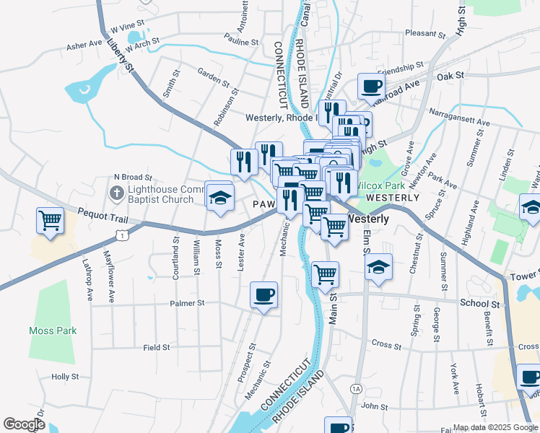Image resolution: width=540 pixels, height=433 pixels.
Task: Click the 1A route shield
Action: click(x=356, y=389)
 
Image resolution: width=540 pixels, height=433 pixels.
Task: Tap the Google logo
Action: click(x=24, y=424)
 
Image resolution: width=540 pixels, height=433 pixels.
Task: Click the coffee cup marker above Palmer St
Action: click(x=264, y=294)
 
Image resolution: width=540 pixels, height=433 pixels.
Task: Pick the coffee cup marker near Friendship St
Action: click(x=372, y=87)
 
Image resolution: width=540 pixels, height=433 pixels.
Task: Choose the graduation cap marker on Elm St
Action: click(x=378, y=268)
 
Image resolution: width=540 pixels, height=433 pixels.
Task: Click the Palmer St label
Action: click(x=186, y=304)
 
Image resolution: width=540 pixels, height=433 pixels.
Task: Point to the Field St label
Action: click(x=156, y=347)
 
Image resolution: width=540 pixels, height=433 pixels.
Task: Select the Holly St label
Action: click(x=65, y=377)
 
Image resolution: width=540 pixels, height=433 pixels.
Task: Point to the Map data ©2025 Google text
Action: click(x=495, y=427)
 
